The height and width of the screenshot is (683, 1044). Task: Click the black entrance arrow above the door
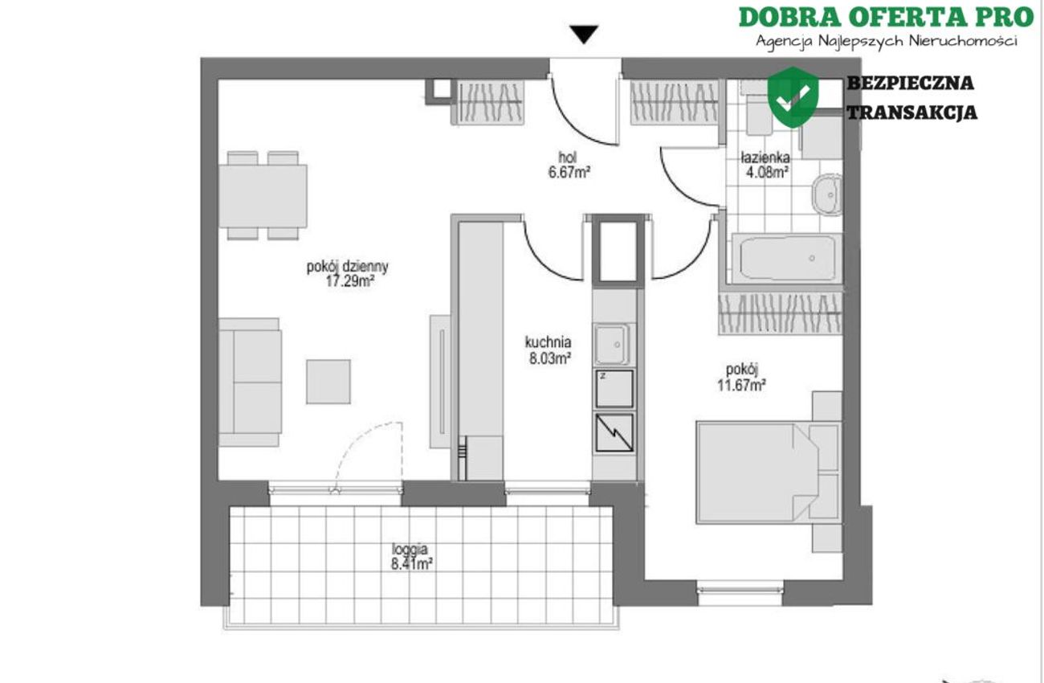[584, 35]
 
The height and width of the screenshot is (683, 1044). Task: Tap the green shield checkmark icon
[793, 97]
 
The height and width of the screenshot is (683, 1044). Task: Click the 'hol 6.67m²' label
[569, 165]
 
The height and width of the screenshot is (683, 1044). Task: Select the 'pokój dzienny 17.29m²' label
[348, 274]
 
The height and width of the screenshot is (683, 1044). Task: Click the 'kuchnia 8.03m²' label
[549, 350]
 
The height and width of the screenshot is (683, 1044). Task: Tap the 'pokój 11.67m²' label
[742, 377]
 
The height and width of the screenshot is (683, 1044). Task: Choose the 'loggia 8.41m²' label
[411, 557]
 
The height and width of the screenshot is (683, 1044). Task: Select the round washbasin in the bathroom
[827, 195]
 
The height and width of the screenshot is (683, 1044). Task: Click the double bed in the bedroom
[769, 472]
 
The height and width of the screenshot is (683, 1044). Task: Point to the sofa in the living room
[250, 382]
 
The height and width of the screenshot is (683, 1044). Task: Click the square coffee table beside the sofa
[328, 382]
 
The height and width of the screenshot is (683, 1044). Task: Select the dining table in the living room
[263, 196]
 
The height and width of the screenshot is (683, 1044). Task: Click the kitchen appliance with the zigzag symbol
[614, 432]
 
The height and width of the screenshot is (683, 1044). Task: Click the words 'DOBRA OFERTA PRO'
[886, 17]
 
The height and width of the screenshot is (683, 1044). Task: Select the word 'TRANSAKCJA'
[911, 112]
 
